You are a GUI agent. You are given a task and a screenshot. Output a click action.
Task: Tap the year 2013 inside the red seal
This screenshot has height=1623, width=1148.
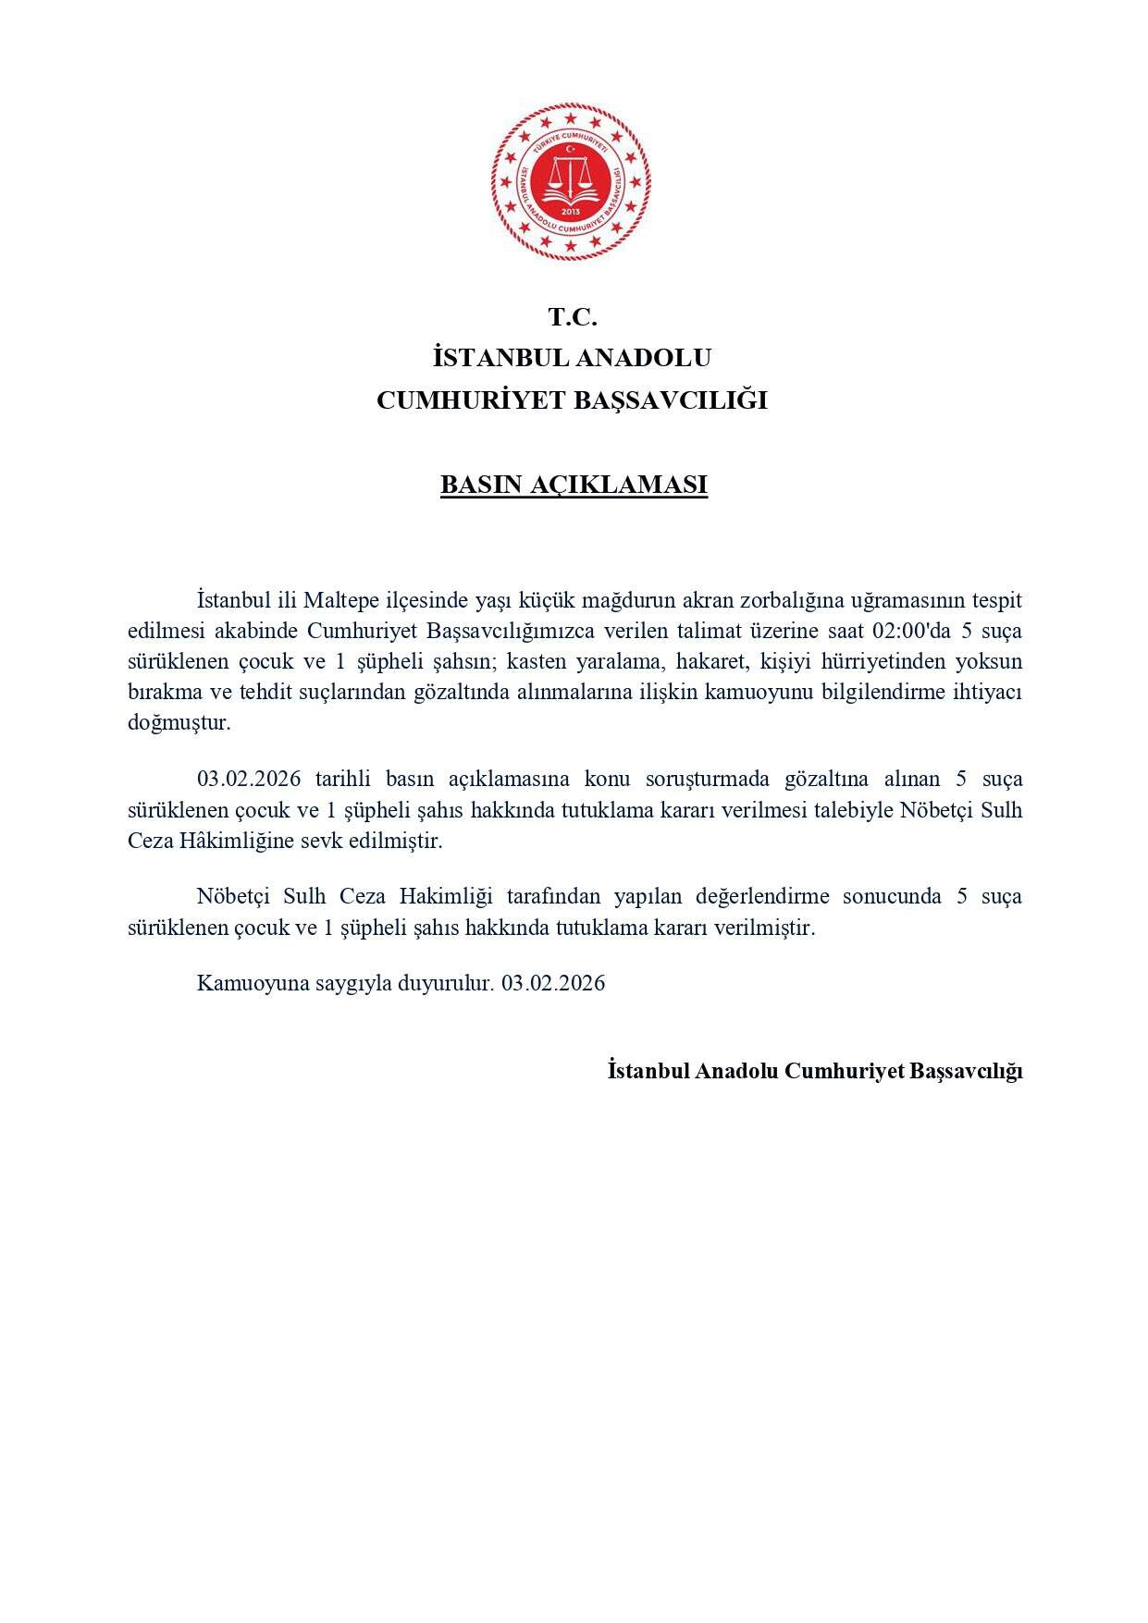(x=571, y=213)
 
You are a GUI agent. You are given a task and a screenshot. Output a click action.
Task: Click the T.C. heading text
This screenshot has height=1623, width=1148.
(x=573, y=317)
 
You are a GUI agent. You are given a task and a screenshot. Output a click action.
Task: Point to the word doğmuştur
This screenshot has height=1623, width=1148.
(x=179, y=723)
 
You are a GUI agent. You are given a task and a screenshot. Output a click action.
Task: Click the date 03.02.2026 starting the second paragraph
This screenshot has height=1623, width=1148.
(x=249, y=779)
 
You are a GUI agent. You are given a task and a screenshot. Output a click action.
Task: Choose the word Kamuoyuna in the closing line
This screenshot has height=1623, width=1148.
(x=241, y=983)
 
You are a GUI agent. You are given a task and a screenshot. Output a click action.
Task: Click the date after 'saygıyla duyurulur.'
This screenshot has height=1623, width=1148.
(x=553, y=983)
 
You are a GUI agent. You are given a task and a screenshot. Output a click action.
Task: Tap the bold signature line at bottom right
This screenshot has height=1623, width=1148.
(x=814, y=1071)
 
